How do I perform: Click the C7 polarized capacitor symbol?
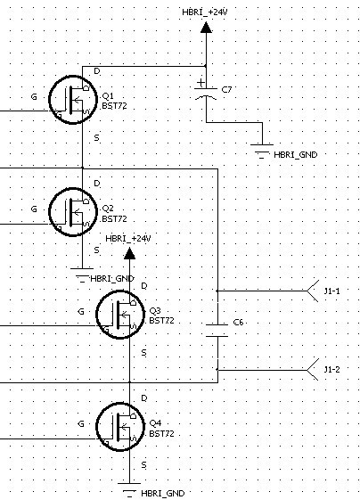(x=206, y=93)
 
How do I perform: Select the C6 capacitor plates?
(x=217, y=331)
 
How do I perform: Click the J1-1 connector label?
(x=332, y=291)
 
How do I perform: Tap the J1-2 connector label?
(x=332, y=370)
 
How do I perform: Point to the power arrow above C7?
(x=206, y=28)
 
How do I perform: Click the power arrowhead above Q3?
(x=129, y=254)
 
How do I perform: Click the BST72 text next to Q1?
(x=114, y=106)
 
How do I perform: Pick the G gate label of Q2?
(x=34, y=209)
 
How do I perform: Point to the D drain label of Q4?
(x=144, y=398)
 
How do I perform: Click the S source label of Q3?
(x=143, y=353)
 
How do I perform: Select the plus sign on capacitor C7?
(x=200, y=83)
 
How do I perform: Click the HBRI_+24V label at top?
(x=205, y=12)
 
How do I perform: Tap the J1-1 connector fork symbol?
(x=313, y=291)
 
